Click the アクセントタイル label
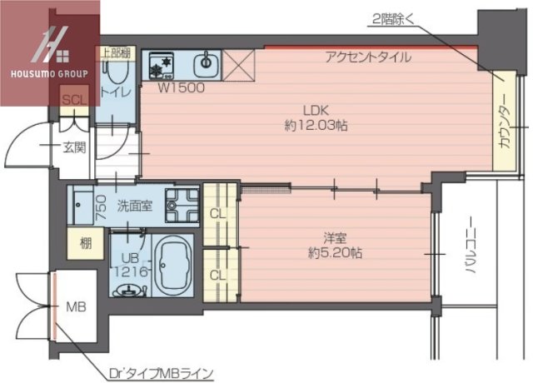(367, 57)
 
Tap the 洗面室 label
(133, 205)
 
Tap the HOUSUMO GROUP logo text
(49, 73)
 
